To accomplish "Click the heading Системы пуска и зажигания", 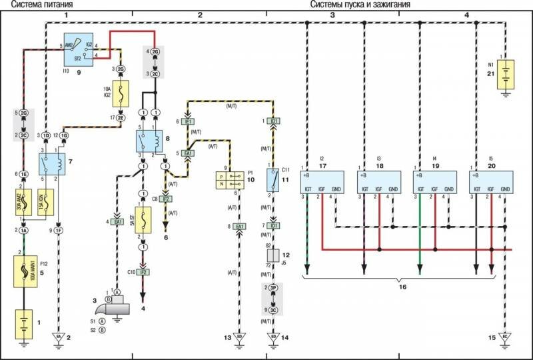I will pyautogui.click(x=360, y=5).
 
